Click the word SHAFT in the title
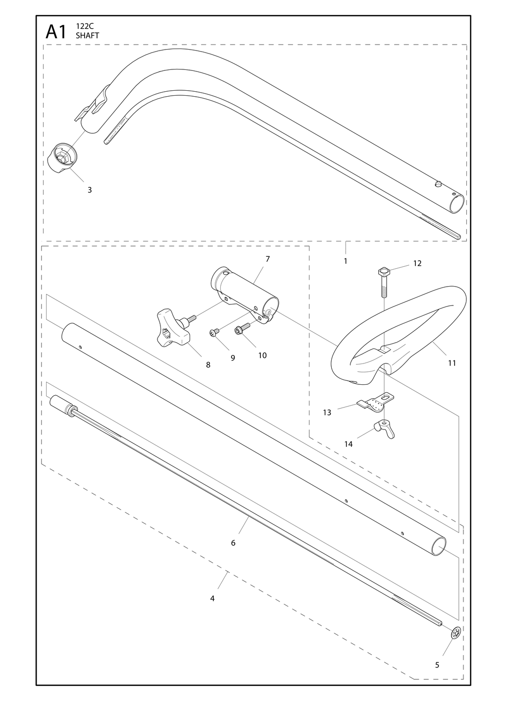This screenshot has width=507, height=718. click(x=87, y=36)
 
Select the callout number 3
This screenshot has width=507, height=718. click(x=90, y=190)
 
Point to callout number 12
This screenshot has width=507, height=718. click(x=417, y=263)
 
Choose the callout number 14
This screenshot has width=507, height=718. click(x=348, y=444)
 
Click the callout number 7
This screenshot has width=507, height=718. click(x=267, y=259)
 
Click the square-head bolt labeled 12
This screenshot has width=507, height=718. click(x=383, y=283)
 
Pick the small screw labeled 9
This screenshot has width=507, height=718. click(x=214, y=333)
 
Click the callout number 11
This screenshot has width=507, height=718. click(x=452, y=363)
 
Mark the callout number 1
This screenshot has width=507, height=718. click(x=346, y=261)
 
